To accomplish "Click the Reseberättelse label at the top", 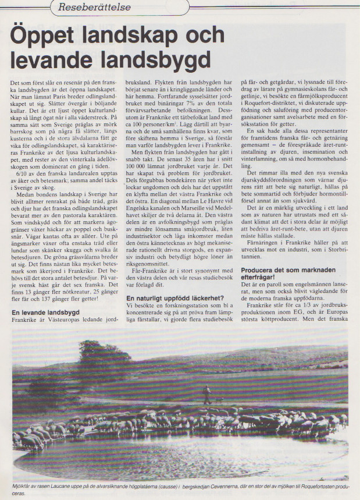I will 98,7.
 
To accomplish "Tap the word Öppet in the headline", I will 55,39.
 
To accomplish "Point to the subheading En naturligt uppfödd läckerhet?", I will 176,298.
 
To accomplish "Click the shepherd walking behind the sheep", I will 207,393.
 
